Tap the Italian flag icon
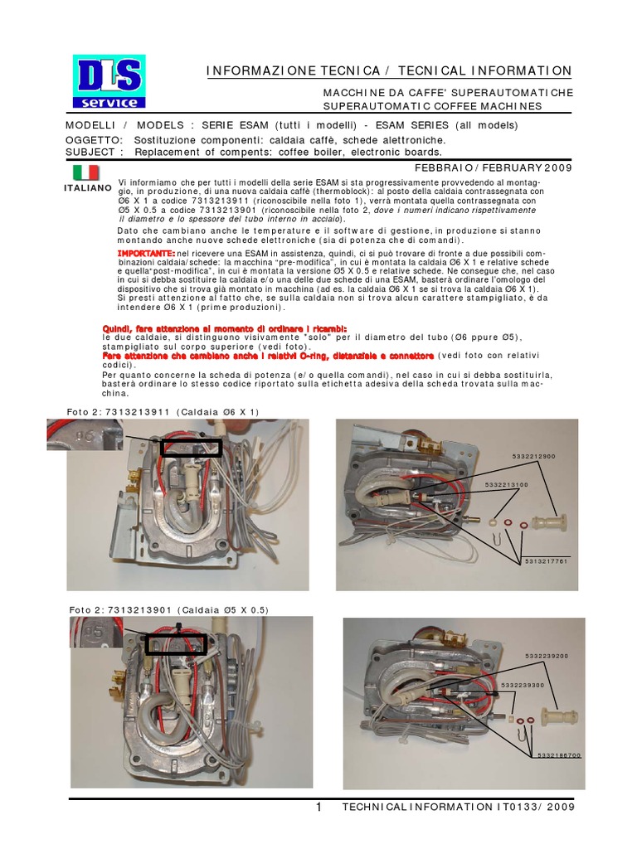[x=85, y=172]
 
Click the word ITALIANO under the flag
[x=87, y=188]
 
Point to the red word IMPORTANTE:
[x=147, y=251]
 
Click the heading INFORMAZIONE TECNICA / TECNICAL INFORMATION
[x=389, y=72]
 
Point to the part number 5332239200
[x=546, y=656]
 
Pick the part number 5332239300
[x=523, y=685]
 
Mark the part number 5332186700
[x=559, y=755]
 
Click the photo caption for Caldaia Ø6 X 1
[x=163, y=411]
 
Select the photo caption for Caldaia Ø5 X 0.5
[x=168, y=610]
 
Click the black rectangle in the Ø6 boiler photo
[x=192, y=448]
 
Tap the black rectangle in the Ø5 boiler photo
[x=176, y=644]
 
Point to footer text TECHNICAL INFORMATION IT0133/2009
[x=457, y=808]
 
